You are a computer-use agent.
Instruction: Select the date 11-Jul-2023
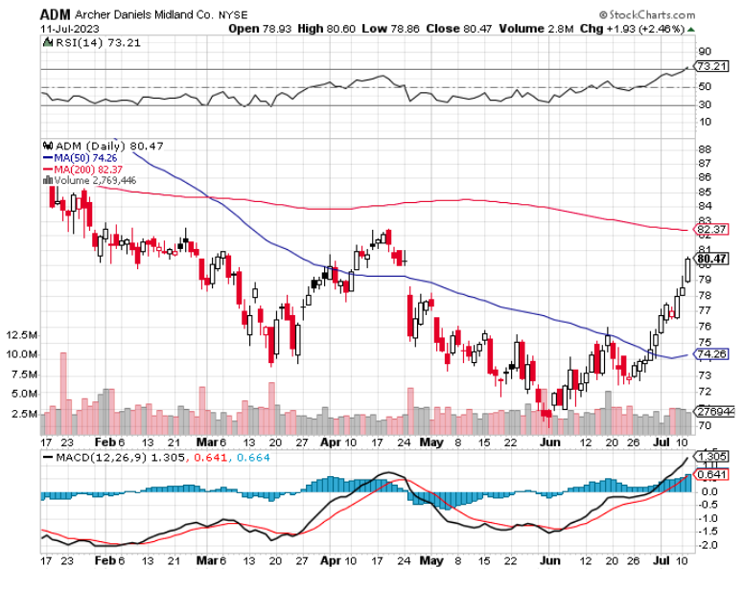click(70, 30)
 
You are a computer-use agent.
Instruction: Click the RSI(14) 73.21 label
click(84, 42)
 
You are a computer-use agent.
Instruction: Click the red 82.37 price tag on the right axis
click(712, 230)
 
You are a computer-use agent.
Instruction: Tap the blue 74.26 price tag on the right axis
click(712, 353)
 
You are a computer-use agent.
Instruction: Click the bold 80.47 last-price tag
click(712, 259)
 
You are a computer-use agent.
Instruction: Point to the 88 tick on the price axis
click(705, 149)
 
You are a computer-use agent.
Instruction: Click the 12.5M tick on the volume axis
click(21, 335)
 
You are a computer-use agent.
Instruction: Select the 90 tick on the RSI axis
click(705, 51)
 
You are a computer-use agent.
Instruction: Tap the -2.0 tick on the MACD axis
click(707, 546)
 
